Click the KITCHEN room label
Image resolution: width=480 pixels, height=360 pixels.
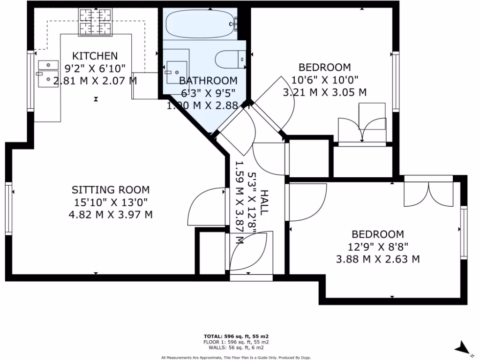pos(95,56)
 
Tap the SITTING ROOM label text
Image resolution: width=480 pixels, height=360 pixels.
pos(111,190)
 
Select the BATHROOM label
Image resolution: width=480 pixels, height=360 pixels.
pos(208,81)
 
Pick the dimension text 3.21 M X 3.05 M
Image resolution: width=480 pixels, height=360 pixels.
pos(324,92)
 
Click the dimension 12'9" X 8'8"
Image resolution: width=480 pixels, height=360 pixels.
pos(378,247)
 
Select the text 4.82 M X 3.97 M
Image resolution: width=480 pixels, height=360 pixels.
pos(111,215)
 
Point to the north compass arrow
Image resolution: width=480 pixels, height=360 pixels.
pos(463,347)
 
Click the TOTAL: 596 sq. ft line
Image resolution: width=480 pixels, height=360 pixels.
pos(236,337)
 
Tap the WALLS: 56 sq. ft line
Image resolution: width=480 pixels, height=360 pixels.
pos(236,348)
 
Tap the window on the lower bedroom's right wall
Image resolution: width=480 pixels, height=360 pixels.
pos(464,233)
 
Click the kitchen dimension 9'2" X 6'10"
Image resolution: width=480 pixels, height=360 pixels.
pos(95,68)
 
